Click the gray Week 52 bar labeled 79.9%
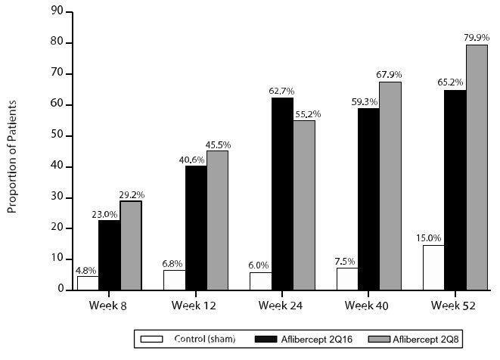click(x=477, y=167)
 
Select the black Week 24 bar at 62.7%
click(x=282, y=194)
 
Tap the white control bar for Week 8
click(x=88, y=283)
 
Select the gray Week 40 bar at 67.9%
click(x=390, y=185)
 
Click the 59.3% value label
click(x=368, y=100)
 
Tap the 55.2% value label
click(x=306, y=113)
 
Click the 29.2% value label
click(x=132, y=194)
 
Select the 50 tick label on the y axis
click(x=57, y=136)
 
